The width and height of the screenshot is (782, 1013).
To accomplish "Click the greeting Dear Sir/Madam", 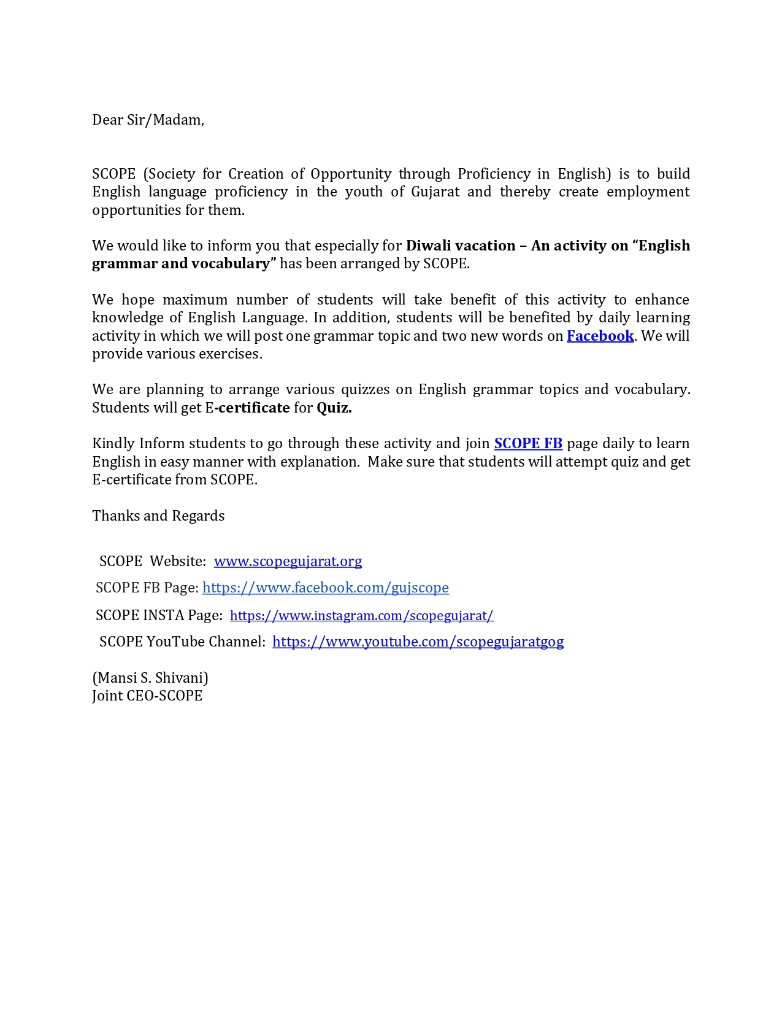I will click(148, 120).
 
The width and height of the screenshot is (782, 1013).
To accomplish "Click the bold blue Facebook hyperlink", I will click(600, 336).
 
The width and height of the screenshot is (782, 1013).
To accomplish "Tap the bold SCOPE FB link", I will click(528, 443).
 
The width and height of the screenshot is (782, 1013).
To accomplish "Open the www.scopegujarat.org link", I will click(288, 561).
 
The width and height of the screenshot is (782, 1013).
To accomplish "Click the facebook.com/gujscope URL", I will click(325, 588).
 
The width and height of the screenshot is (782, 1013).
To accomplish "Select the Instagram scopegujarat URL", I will click(361, 615).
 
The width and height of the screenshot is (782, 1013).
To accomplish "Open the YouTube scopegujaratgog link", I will click(418, 642).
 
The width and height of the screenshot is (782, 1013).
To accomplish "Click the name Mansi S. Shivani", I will click(150, 678).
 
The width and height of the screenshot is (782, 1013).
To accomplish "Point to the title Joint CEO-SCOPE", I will click(147, 696).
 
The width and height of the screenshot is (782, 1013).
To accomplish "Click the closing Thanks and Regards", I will click(158, 516).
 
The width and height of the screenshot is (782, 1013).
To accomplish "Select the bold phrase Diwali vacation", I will click(461, 246).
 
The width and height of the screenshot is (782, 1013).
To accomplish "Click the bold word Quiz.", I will click(334, 408).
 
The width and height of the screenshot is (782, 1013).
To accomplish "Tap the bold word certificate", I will click(254, 408).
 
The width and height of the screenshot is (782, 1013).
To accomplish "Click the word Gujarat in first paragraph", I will click(435, 192).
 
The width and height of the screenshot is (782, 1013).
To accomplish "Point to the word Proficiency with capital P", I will click(494, 174).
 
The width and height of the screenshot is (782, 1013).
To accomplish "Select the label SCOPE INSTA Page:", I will click(159, 615).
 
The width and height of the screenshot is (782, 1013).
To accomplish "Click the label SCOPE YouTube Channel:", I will click(182, 642).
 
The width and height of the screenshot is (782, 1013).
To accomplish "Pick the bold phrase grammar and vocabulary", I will click(181, 263).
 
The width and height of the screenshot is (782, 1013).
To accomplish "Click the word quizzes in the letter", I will click(365, 389).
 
